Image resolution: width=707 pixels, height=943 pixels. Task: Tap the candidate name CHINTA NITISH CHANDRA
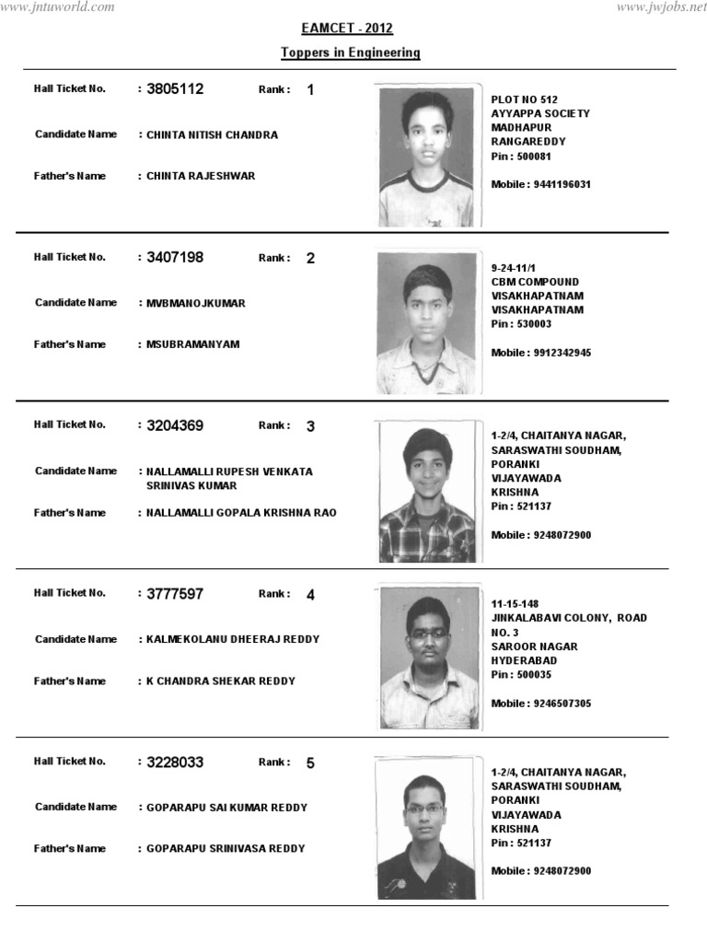[x=212, y=134]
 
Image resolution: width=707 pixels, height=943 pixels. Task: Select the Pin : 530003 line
[x=522, y=324]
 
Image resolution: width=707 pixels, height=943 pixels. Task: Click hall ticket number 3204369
[x=175, y=425]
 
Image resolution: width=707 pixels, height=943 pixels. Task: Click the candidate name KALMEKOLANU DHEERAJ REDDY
[x=233, y=639]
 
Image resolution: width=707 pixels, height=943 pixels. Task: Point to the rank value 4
[x=310, y=595]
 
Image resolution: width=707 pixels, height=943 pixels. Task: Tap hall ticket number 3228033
[x=175, y=763]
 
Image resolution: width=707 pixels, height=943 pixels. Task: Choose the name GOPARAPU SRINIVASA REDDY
[x=226, y=849]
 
